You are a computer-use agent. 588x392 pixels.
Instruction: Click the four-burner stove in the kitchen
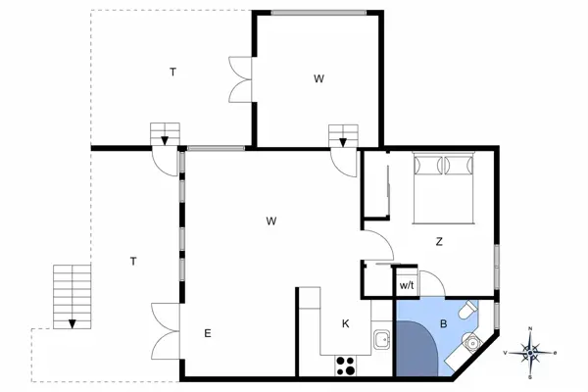click(346, 366)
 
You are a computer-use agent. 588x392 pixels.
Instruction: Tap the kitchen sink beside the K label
click(382, 340)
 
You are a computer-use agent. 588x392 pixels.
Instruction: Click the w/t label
click(406, 285)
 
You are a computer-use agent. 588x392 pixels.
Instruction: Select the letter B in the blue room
click(443, 322)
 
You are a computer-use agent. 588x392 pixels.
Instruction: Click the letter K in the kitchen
click(345, 323)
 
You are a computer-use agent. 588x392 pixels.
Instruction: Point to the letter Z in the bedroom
click(440, 241)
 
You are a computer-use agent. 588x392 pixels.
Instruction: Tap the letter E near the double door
click(208, 334)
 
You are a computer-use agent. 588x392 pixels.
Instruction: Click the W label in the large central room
click(270, 221)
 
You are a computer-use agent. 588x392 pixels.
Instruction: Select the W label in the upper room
click(318, 78)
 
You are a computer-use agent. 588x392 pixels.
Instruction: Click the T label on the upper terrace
click(172, 72)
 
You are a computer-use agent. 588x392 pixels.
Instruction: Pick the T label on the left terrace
click(132, 261)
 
